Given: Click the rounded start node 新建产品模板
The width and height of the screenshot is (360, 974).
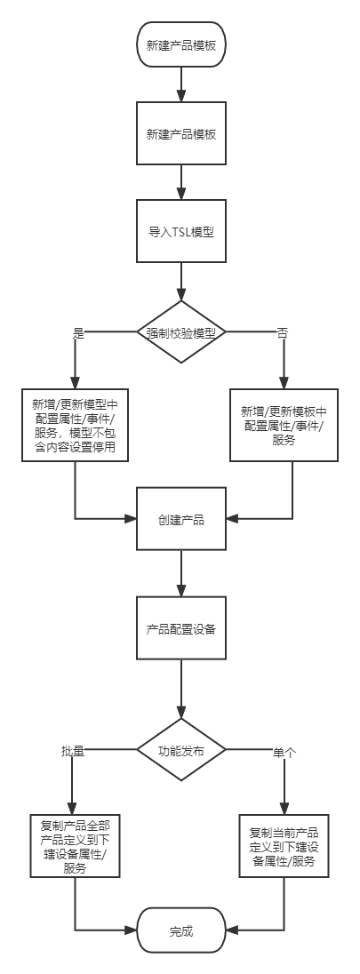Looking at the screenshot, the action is pyautogui.click(x=181, y=44).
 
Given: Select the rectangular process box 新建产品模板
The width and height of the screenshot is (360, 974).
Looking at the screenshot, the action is pyautogui.click(x=181, y=133).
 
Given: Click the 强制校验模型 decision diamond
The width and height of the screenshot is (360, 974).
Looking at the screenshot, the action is pyautogui.click(x=181, y=331).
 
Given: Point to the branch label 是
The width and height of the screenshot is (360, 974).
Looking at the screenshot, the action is pyautogui.click(x=78, y=333).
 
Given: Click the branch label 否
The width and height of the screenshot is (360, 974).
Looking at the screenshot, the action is pyautogui.click(x=282, y=333).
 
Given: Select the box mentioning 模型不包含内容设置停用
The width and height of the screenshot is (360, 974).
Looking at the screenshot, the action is pyautogui.click(x=76, y=425).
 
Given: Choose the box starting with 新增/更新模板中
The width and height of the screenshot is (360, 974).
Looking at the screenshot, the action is pyautogui.click(x=284, y=425).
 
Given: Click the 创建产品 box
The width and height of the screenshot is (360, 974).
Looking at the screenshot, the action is pyautogui.click(x=181, y=519).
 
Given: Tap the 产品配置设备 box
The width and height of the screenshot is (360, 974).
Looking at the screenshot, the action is pyautogui.click(x=181, y=628).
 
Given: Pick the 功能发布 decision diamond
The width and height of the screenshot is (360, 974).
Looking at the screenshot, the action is pyautogui.click(x=181, y=750).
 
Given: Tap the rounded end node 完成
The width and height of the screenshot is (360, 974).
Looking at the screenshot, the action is pyautogui.click(x=181, y=930).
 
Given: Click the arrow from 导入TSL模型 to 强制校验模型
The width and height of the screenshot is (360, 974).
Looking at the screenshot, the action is pyautogui.click(x=181, y=282).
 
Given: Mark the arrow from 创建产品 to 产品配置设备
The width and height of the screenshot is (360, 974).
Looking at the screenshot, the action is pyautogui.click(x=181, y=573).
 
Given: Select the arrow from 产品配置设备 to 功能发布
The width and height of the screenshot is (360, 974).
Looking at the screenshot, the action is pyautogui.click(x=181, y=689).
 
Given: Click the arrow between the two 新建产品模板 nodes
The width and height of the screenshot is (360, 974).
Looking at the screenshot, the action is pyautogui.click(x=181, y=84).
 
